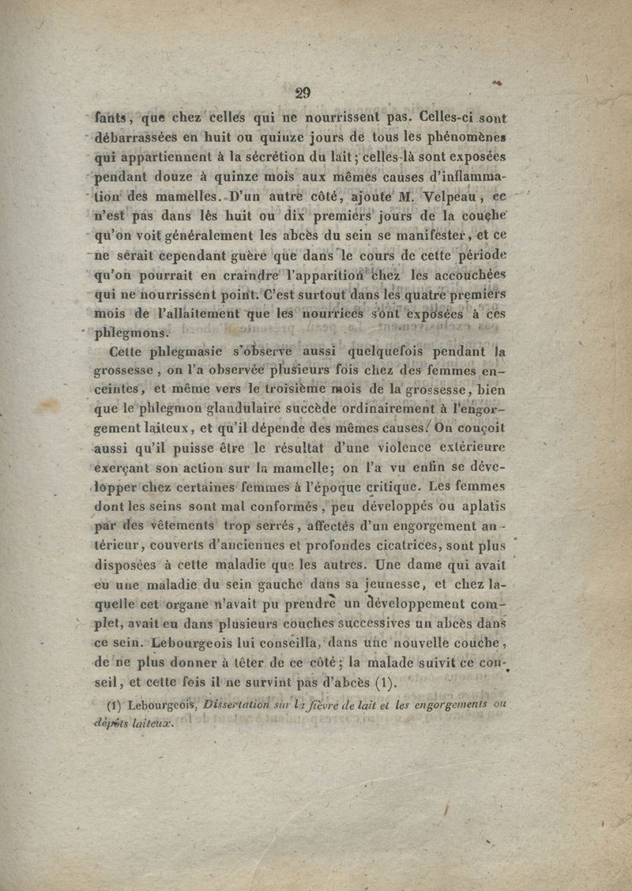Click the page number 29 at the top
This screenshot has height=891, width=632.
[302, 92]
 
